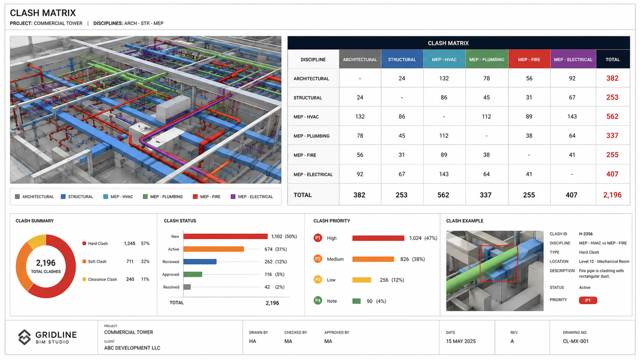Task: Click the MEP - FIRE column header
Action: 529,59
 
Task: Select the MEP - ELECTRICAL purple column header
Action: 573,59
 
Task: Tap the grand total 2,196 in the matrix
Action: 612,195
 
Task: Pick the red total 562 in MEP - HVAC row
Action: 612,116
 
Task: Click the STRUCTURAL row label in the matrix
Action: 308,98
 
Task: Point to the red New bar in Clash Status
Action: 226,236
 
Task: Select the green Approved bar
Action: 192,274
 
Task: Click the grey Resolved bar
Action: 187,287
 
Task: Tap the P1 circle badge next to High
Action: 318,238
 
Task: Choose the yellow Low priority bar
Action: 362,280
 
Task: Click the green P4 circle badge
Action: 318,300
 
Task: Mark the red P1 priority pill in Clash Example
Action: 588,300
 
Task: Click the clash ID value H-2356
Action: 586,234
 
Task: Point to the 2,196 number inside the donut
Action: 46,263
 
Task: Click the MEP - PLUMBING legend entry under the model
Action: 162,196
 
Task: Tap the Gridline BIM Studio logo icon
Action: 24,337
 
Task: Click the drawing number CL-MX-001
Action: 576,341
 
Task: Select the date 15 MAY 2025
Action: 461,341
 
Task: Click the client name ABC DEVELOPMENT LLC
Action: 132,348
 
